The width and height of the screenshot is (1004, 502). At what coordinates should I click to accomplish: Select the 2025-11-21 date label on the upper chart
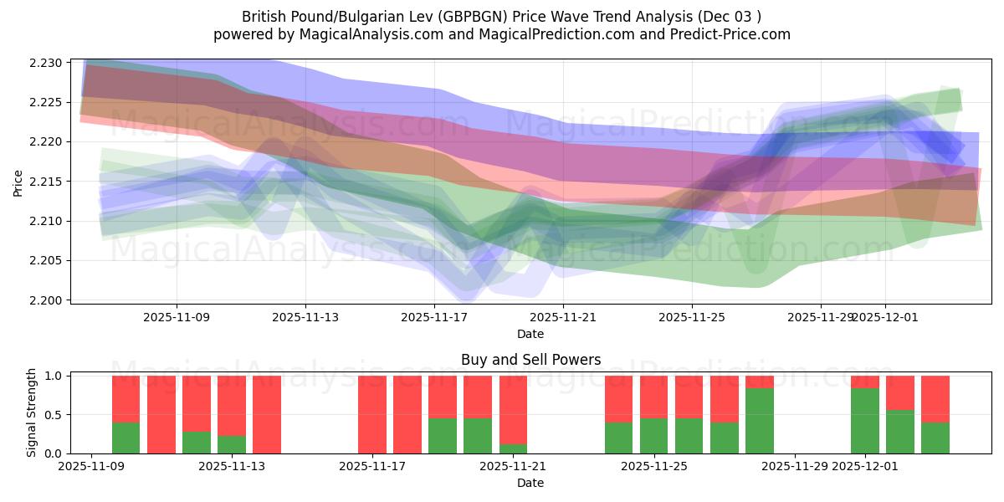pos(563,318)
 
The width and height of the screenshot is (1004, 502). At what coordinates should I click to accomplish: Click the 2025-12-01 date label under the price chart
pos(886,318)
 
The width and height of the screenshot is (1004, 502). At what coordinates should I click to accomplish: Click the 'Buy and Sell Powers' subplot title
pos(530,361)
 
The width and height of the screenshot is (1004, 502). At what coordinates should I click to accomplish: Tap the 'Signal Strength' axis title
pos(31,412)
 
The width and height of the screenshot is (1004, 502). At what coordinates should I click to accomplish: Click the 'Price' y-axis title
pos(18,182)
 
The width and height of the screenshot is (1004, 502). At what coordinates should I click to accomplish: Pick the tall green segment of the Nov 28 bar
pos(760,421)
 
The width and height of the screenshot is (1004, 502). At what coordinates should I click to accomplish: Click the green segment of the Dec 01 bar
pos(865,421)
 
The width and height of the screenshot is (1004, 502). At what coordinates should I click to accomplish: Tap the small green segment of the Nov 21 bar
pos(513,448)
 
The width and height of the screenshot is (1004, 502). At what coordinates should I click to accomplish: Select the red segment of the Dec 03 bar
pos(935,398)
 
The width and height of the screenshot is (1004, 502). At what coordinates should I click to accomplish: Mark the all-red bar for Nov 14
pos(267,415)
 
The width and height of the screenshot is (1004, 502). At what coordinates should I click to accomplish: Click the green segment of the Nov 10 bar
pos(125,438)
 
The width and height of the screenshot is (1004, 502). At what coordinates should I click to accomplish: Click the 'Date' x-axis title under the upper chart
pos(530,334)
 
